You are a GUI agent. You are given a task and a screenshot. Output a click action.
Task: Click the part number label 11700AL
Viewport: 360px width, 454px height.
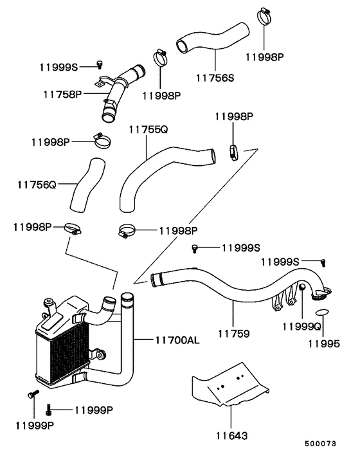tap(177, 340)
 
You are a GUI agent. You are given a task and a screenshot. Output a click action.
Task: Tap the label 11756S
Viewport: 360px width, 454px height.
tap(215, 78)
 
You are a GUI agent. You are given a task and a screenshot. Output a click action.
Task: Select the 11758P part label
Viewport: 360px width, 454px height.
tap(63, 94)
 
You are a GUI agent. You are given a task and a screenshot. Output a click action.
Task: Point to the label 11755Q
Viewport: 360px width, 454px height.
tap(148, 129)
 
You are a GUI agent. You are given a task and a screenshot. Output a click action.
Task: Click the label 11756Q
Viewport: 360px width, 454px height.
tap(37, 185)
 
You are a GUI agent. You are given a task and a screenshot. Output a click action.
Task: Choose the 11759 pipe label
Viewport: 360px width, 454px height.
tap(233, 334)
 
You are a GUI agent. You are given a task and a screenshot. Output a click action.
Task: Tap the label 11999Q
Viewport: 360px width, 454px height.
tap(302, 327)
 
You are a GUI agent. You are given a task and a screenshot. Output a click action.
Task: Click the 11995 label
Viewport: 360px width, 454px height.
tap(324, 344)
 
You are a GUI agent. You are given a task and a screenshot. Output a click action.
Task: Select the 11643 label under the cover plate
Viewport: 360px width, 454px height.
tap(232, 436)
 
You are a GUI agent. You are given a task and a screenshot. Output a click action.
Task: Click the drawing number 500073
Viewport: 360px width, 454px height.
tap(320, 444)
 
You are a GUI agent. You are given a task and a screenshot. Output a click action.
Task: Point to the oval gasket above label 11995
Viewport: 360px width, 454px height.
tap(322, 312)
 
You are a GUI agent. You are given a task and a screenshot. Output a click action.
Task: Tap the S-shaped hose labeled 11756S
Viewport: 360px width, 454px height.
tap(213, 39)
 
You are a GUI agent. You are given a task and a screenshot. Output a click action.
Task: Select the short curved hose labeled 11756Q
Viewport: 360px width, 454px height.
tap(87, 185)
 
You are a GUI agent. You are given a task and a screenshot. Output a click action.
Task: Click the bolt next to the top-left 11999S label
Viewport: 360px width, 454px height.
tap(100, 64)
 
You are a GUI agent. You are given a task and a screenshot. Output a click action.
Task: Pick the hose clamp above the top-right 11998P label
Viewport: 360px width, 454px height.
tap(265, 17)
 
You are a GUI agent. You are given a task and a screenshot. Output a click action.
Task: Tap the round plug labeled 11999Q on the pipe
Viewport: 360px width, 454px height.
tap(302, 287)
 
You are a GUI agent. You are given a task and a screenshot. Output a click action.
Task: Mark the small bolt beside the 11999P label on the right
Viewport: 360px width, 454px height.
tap(48, 410)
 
